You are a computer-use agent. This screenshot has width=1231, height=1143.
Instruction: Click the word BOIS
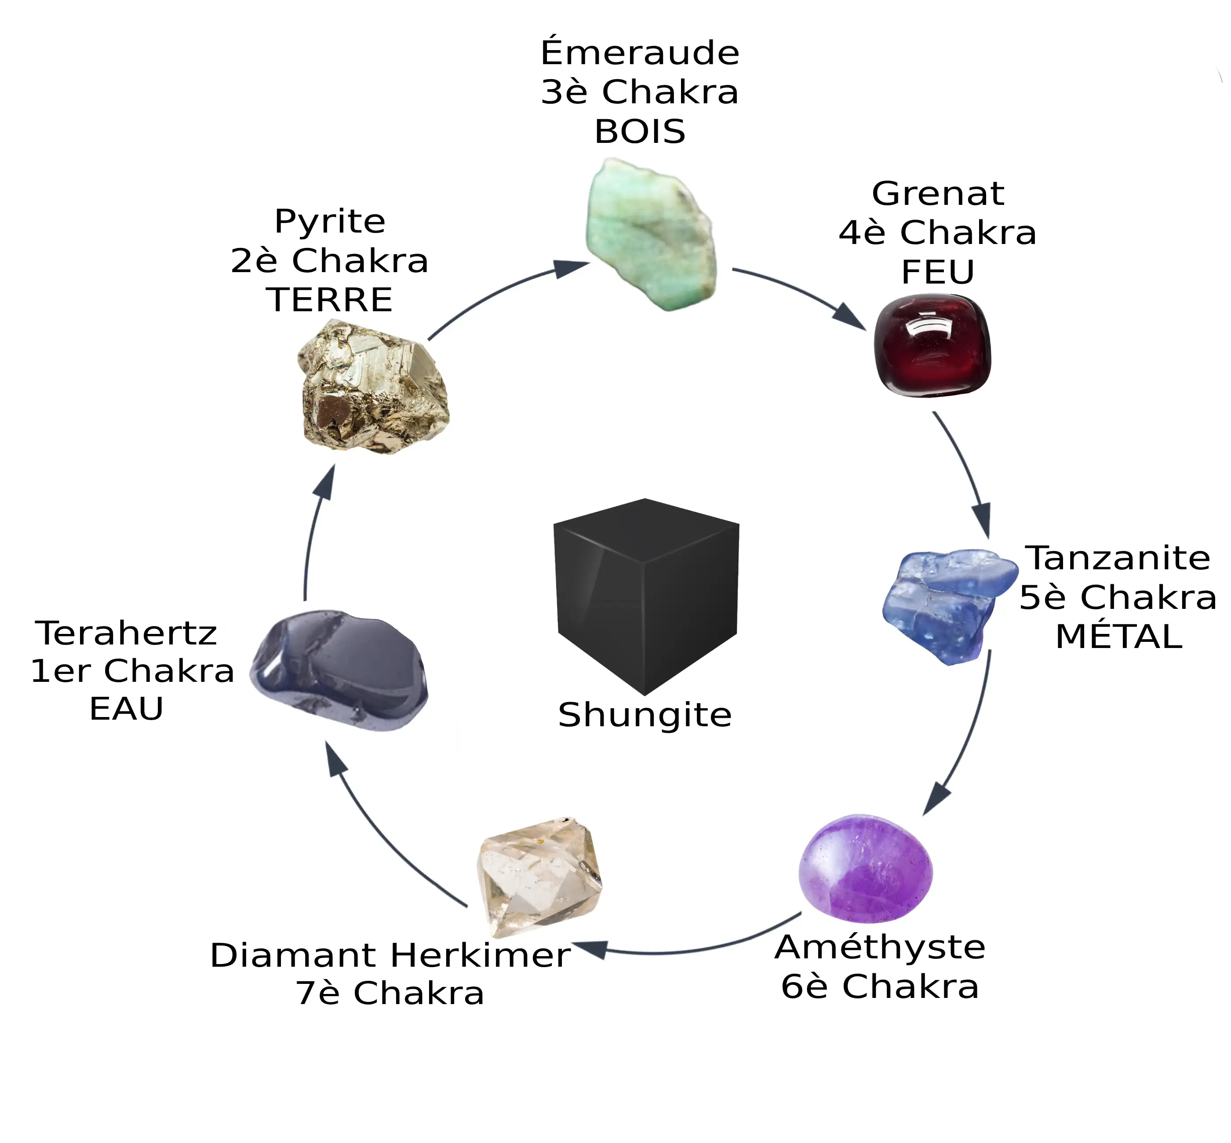(x=640, y=132)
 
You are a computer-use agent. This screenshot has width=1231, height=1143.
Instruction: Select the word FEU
(x=937, y=272)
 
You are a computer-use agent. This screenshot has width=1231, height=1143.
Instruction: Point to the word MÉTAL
(x=1118, y=637)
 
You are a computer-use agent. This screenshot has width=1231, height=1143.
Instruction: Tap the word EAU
(x=126, y=709)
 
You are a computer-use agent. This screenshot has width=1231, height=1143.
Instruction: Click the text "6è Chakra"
(x=879, y=986)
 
